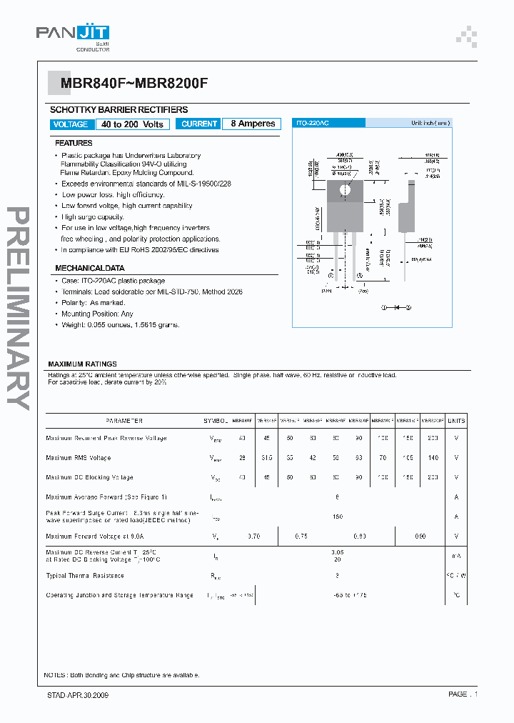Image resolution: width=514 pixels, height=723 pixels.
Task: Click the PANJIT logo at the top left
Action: [73, 33]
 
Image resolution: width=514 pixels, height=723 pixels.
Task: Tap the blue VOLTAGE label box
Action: [71, 124]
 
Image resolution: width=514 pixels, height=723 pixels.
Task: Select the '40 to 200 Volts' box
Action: [133, 124]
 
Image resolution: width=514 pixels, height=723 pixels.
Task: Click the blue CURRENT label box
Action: [198, 124]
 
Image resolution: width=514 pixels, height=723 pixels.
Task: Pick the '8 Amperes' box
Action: [253, 124]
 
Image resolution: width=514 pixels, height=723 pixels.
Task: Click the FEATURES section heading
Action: [74, 144]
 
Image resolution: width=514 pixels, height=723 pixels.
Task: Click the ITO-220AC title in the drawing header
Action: [312, 124]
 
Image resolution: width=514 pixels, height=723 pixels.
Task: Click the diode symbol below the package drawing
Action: [397, 307]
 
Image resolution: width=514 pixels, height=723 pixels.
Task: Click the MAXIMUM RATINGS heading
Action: [82, 364]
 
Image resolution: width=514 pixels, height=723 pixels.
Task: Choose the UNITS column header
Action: [456, 421]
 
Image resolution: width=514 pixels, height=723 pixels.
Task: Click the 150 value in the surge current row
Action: [338, 516]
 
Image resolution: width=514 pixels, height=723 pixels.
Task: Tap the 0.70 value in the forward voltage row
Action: [253, 536]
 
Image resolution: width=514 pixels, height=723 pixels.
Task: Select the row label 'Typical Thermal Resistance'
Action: [85, 575]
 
